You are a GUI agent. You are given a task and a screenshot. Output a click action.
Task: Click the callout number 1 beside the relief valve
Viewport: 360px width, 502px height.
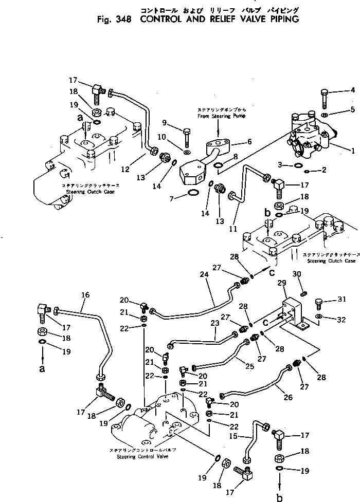click(353, 151)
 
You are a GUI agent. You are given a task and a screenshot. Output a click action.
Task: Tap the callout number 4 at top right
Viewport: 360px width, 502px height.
click(353, 90)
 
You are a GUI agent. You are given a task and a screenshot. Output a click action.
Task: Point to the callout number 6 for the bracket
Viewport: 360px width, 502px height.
click(249, 141)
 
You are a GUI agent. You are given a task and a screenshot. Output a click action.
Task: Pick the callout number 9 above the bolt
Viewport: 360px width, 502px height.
click(164, 122)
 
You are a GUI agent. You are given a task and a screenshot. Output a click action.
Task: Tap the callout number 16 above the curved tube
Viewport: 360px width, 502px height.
click(85, 295)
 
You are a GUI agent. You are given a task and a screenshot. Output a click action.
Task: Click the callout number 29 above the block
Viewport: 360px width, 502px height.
click(281, 283)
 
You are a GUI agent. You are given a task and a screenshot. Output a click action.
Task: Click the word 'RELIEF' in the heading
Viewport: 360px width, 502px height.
click(217, 20)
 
